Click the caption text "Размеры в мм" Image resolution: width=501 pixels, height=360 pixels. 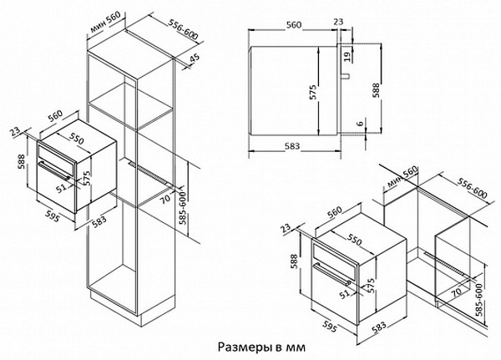coord(259,345)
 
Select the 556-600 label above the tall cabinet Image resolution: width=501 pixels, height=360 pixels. coord(172,28)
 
